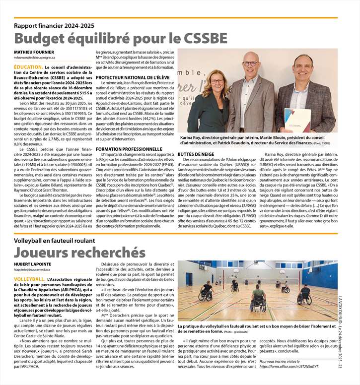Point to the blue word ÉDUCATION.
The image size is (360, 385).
click(x=28, y=66)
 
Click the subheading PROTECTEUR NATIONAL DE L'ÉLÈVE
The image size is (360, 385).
click(x=133, y=77)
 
